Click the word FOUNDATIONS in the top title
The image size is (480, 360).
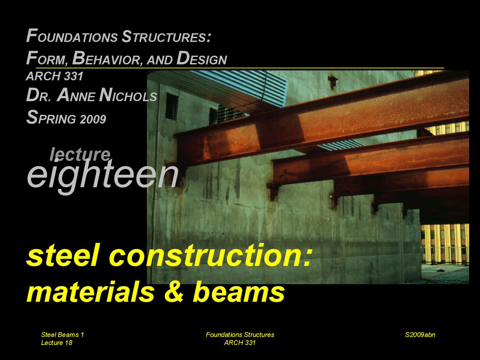click(72, 37)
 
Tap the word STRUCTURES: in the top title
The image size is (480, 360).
click(166, 37)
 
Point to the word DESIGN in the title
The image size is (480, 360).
click(202, 58)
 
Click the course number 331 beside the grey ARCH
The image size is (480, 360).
click(73, 76)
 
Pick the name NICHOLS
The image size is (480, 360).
click(128, 95)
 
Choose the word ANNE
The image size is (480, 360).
click(76, 95)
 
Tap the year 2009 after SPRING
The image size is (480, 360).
click(93, 119)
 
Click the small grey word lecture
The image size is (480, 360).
click(80, 154)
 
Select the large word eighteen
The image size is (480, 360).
click(102, 175)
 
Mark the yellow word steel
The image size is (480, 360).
click(63, 256)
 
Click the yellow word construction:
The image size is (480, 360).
click(210, 256)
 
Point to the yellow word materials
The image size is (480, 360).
click(90, 292)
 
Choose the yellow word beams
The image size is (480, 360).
click(239, 292)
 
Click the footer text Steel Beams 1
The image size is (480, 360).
click(62, 334)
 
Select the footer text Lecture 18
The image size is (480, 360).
click(57, 343)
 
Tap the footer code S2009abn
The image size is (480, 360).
click(420, 334)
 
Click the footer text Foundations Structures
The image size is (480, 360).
click(240, 334)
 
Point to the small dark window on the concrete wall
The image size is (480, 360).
click(172, 106)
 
